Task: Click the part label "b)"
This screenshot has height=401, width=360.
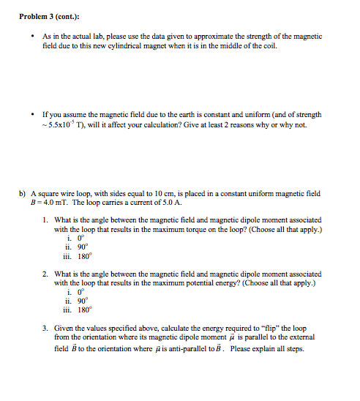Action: tap(23, 194)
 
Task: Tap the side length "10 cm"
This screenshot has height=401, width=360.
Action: tap(156, 194)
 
